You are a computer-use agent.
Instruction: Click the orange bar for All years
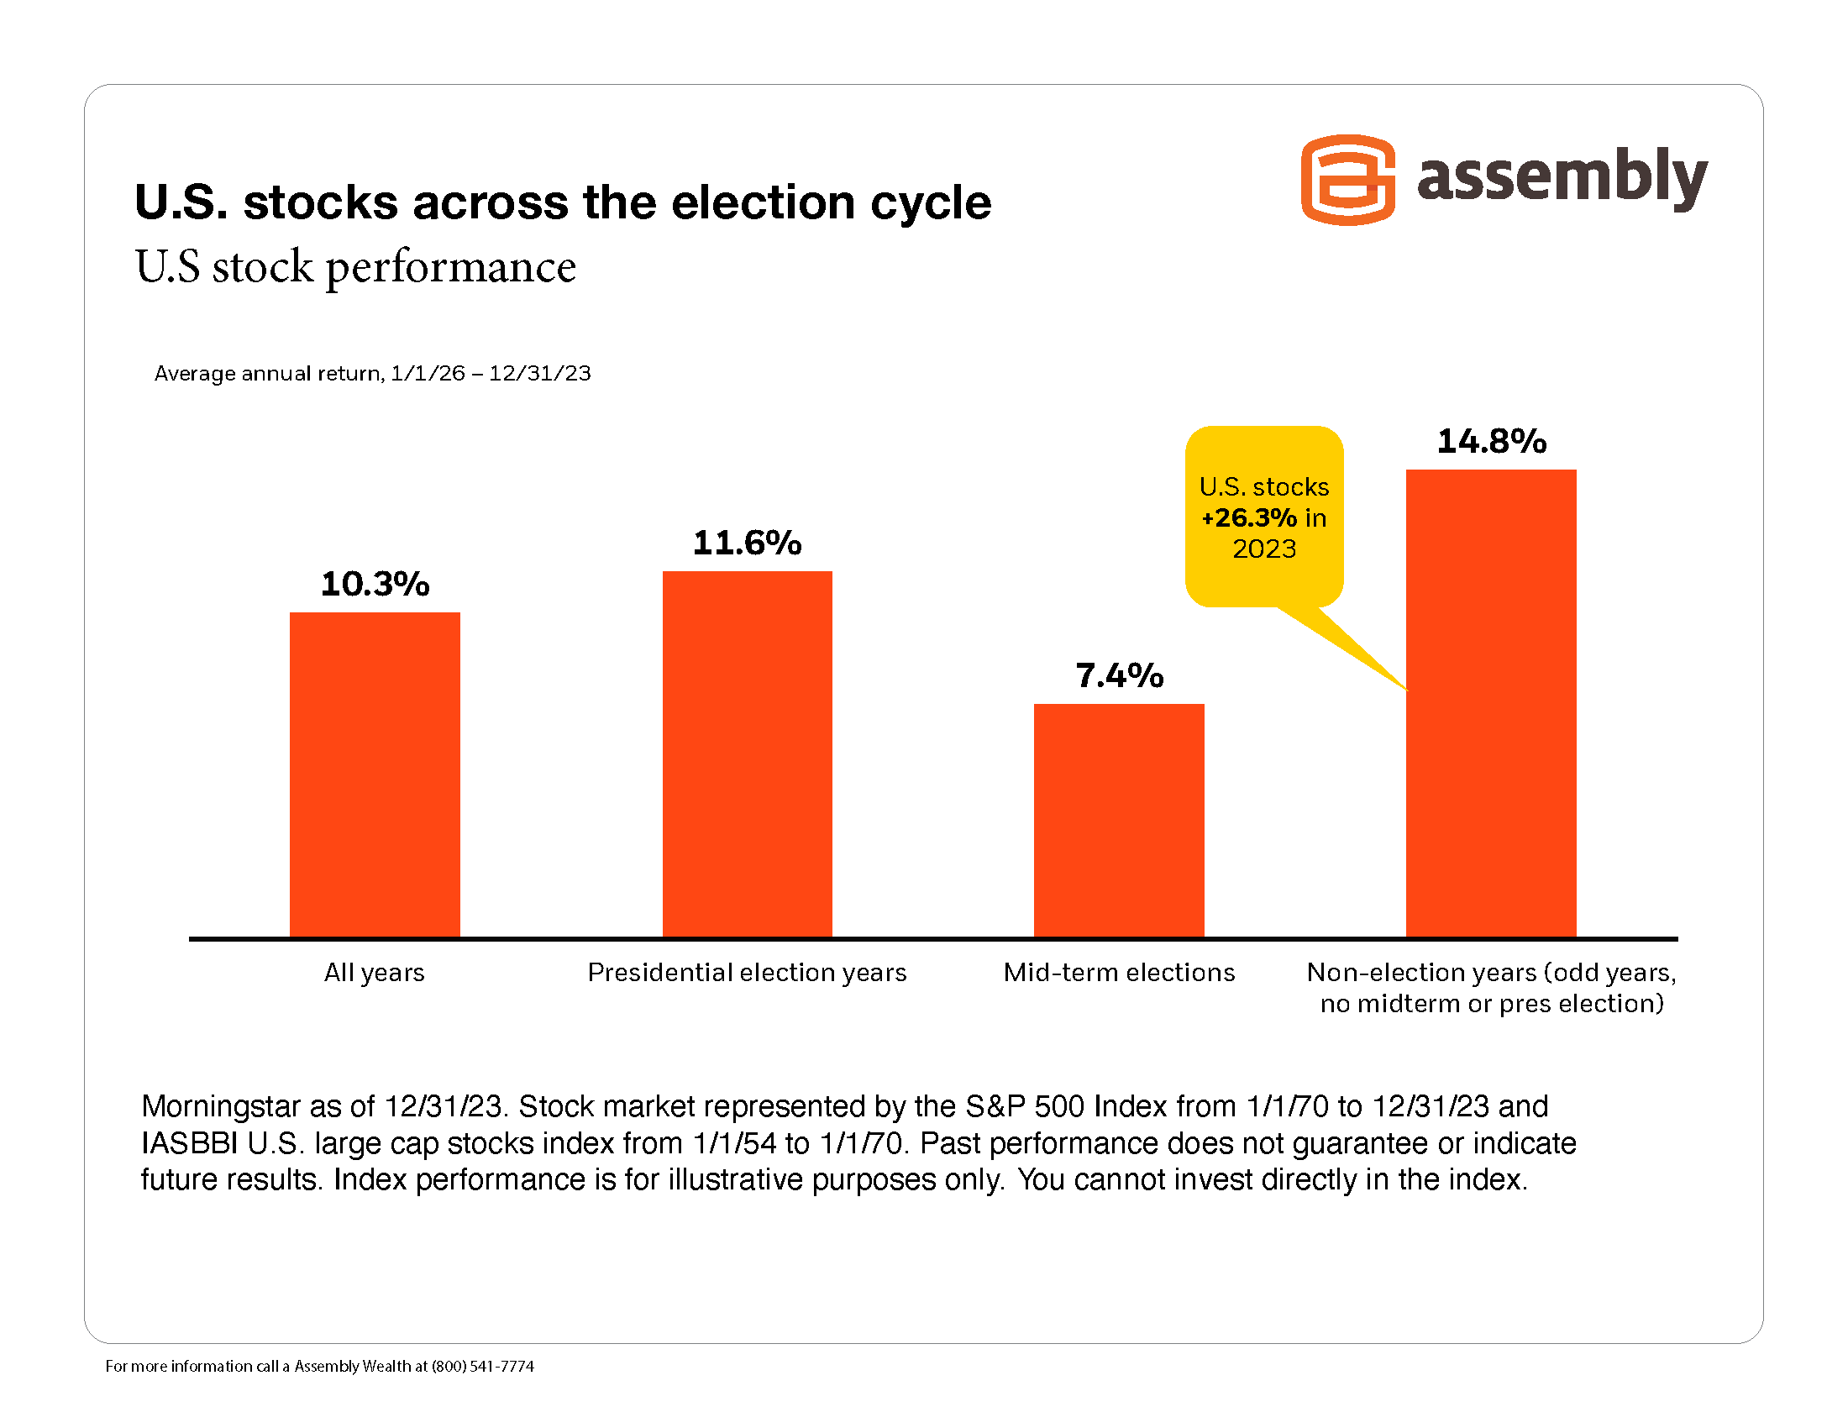click(374, 774)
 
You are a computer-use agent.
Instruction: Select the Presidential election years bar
click(747, 753)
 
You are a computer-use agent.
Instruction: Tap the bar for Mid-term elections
click(1119, 820)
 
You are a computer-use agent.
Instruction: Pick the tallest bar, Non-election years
click(1491, 702)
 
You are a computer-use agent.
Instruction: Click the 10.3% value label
click(375, 584)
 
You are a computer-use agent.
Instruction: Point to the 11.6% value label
click(747, 543)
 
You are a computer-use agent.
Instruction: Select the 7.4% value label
click(1119, 675)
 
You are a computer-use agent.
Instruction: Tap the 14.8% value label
click(1491, 442)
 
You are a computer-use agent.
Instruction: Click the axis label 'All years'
click(374, 973)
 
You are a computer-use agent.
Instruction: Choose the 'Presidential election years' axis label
click(747, 973)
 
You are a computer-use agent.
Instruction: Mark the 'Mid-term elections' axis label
click(1119, 973)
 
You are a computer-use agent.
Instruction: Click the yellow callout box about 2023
click(1264, 516)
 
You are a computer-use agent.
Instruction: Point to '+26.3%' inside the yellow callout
click(1249, 517)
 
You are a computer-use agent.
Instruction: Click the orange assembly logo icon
click(1348, 180)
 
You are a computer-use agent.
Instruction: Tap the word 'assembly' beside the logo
click(1562, 177)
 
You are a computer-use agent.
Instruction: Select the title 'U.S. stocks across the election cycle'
click(563, 203)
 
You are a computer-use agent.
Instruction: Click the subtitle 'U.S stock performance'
click(355, 267)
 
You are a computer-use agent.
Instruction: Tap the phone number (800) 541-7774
click(482, 1366)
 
